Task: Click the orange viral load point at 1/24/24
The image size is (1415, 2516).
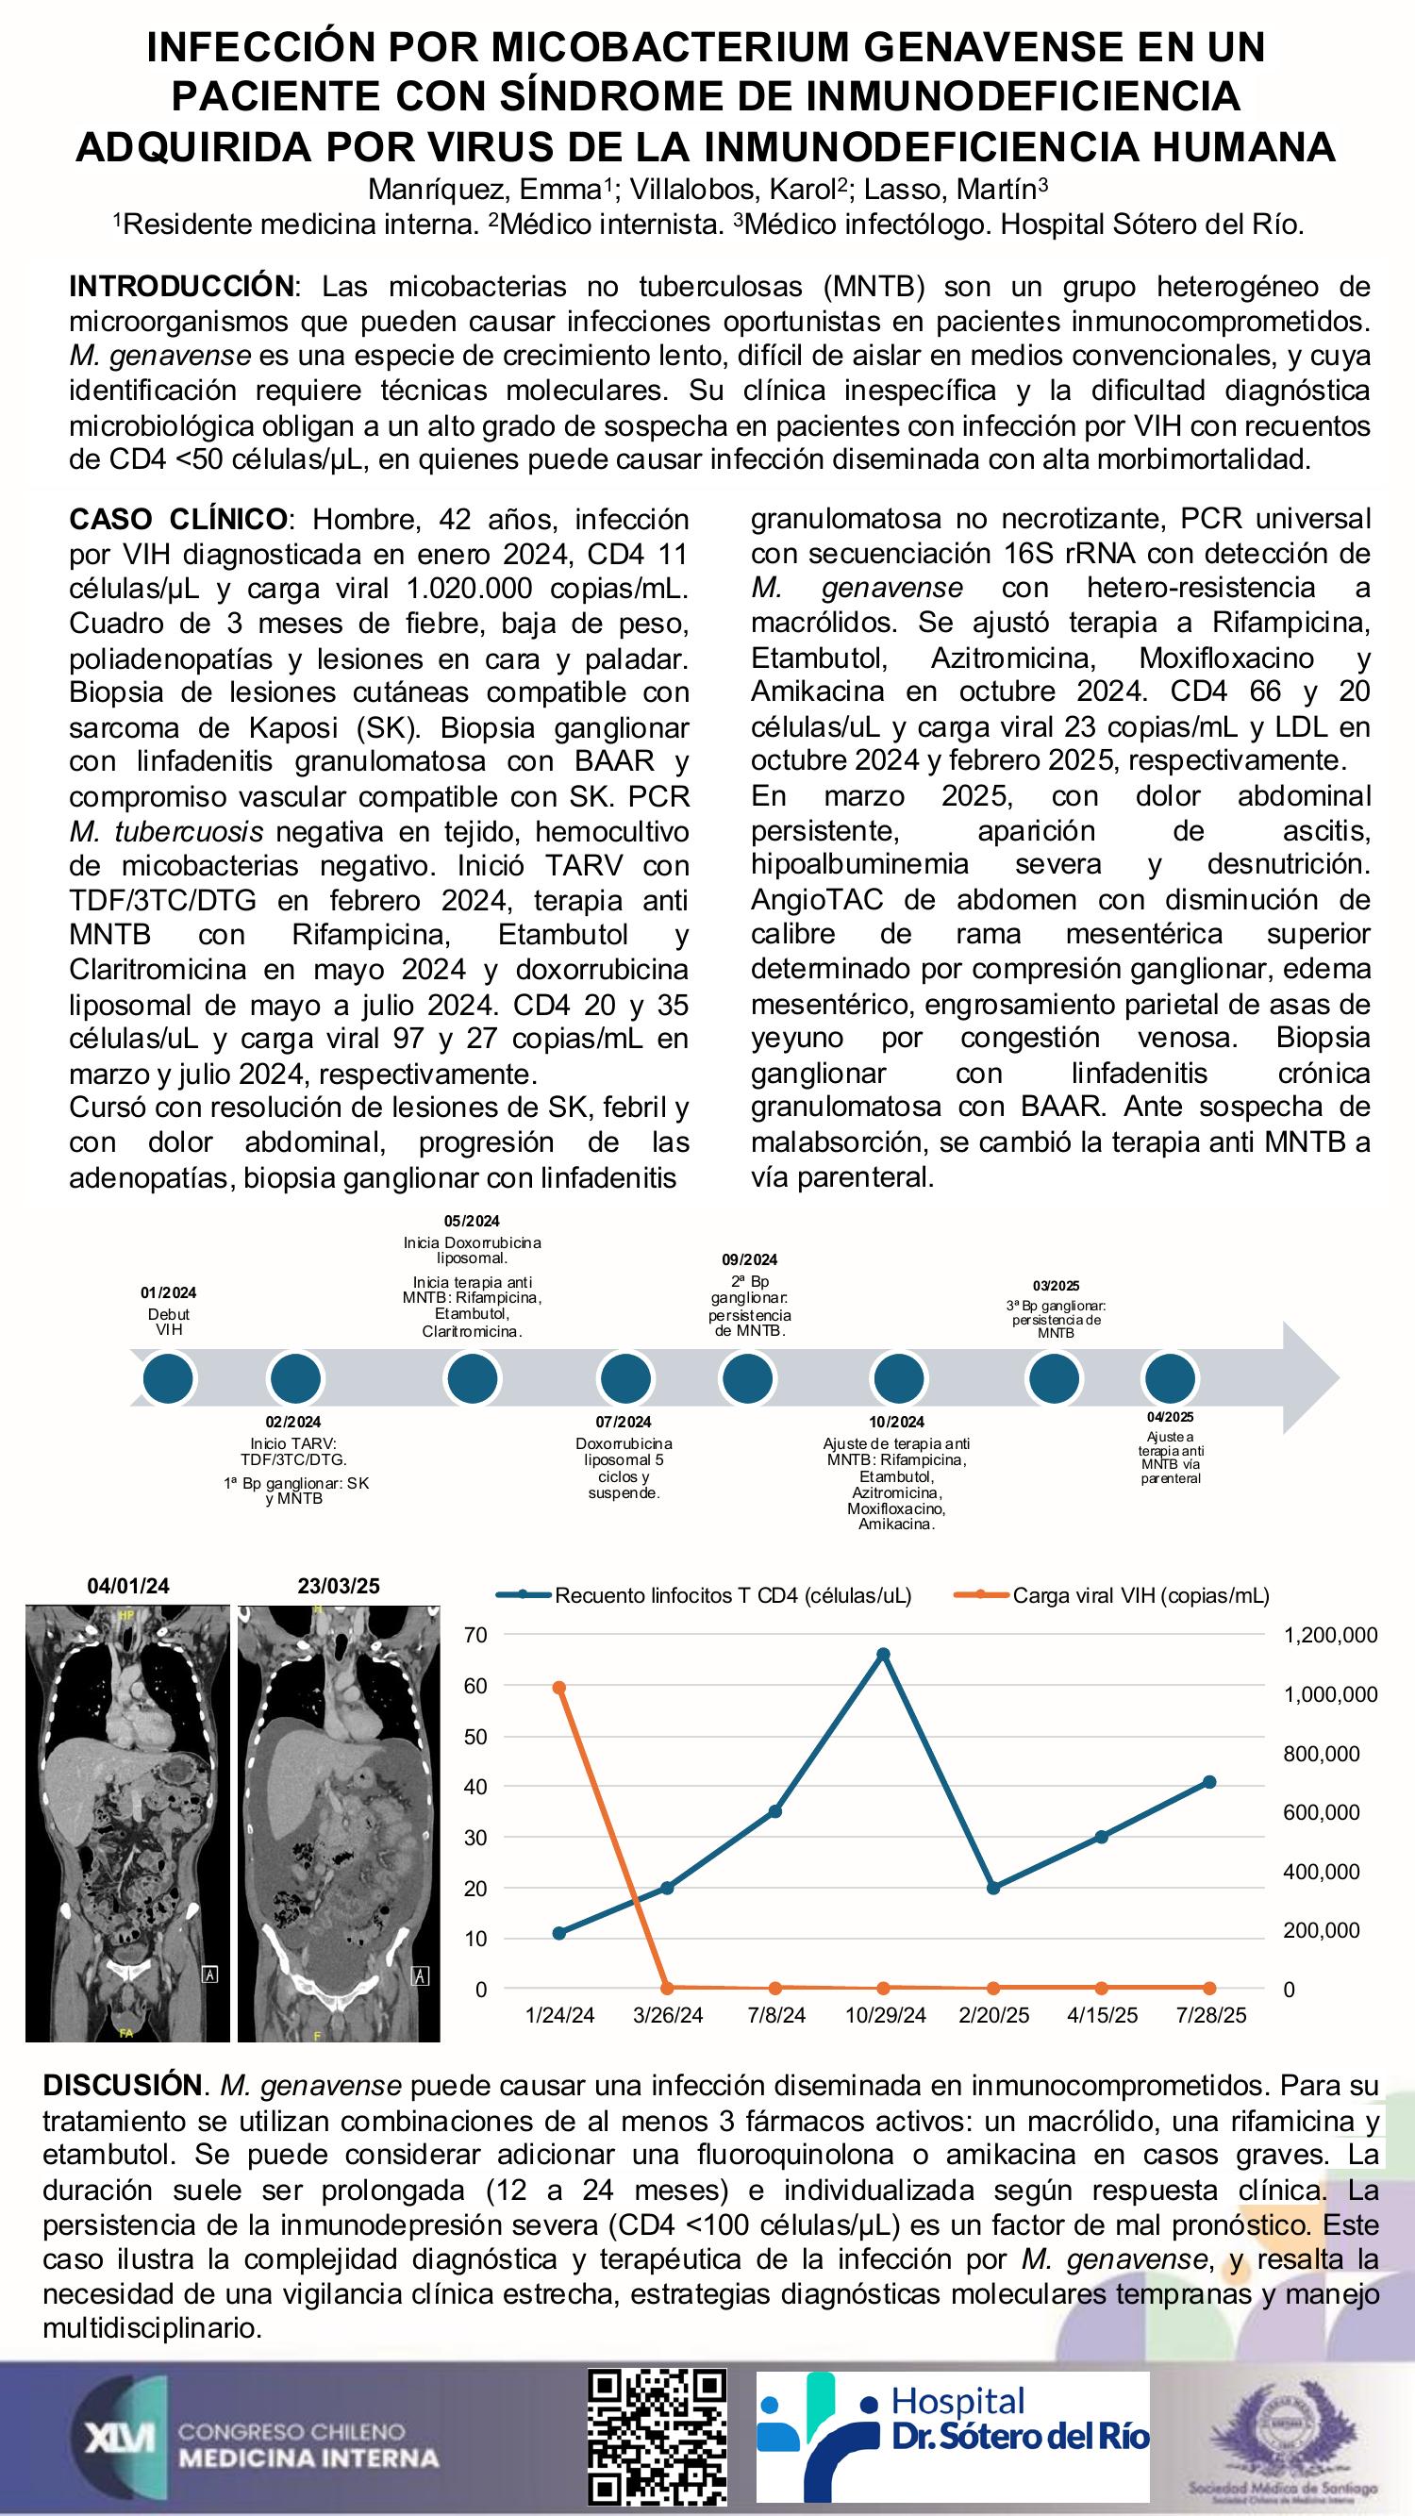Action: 559,1688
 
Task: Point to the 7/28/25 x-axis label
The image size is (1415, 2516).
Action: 1210,2016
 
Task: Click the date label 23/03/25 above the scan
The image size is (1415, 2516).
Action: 338,1586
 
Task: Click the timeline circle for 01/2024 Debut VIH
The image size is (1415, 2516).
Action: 169,1378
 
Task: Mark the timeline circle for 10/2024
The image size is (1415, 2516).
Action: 896,1378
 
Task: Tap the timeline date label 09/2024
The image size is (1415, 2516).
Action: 750,1260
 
